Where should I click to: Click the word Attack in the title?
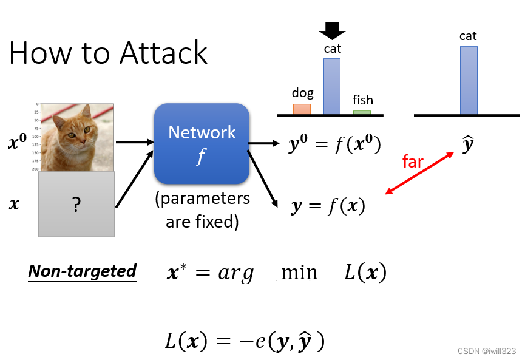click(x=164, y=53)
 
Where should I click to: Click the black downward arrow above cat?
click(x=332, y=30)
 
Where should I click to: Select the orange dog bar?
click(x=302, y=109)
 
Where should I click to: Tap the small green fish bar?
click(x=362, y=112)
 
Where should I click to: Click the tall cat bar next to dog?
click(x=332, y=86)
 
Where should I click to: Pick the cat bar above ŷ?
click(x=469, y=80)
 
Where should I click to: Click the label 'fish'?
click(x=363, y=100)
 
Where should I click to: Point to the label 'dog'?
click(x=303, y=93)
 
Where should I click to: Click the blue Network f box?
click(x=202, y=144)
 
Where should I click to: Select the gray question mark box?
click(x=76, y=205)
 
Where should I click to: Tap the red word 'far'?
click(x=413, y=161)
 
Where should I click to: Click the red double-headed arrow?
click(x=420, y=173)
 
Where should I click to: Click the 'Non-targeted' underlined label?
click(x=82, y=271)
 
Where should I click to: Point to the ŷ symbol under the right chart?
click(x=467, y=146)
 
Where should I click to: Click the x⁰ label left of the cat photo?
click(x=17, y=144)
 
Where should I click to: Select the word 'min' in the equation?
click(x=299, y=273)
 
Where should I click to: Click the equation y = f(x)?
click(x=328, y=207)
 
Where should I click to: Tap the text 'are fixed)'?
click(x=202, y=222)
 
